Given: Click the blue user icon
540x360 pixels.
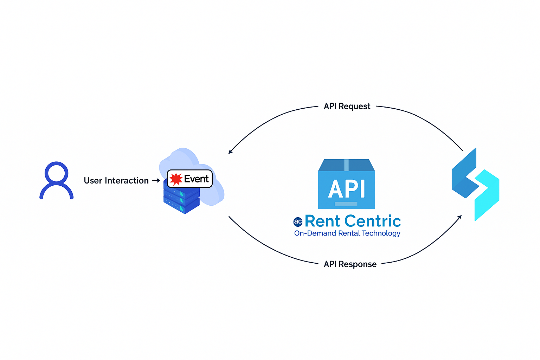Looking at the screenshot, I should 56,181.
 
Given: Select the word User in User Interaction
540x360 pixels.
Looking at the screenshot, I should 93,181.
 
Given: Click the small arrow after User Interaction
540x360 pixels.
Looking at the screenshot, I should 156,181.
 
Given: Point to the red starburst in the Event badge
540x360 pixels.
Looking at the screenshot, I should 176,179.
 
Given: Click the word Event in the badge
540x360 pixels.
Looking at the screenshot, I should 196,179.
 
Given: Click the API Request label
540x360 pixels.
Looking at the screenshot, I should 347,106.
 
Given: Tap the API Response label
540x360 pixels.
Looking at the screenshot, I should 350,264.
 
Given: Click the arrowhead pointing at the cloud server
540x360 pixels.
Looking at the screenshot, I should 230,152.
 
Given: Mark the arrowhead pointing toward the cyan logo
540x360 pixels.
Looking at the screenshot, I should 459,217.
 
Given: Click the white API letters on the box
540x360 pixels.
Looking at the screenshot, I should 347,189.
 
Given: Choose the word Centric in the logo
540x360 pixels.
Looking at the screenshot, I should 373,221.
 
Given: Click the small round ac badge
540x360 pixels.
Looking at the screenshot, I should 298,221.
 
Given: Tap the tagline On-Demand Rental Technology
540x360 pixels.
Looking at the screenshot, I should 347,233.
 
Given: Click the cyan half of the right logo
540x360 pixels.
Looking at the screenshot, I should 487,195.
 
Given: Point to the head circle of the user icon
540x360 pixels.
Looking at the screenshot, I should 56,173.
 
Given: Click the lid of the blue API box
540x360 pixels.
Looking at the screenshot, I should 346,165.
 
